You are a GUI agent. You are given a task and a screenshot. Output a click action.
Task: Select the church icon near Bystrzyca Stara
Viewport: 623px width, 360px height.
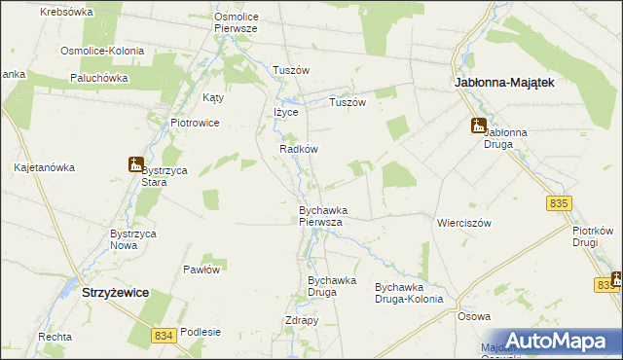[135, 164]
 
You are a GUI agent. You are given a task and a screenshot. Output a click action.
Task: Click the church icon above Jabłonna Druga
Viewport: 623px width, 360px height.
[478, 125]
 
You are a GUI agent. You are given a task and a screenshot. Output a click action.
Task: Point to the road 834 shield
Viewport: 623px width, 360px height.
[165, 335]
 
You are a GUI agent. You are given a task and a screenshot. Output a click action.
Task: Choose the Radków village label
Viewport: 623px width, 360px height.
[299, 149]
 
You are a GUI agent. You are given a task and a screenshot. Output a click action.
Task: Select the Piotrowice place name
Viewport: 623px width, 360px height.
[195, 124]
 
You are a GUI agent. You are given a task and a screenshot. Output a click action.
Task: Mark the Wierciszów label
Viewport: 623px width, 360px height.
[464, 222]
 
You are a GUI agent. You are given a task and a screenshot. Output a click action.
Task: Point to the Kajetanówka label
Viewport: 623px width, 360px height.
[45, 167]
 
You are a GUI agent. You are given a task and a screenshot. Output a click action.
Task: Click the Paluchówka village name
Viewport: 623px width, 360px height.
[100, 77]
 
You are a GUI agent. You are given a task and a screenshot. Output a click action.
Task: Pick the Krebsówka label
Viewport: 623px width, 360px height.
[67, 13]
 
